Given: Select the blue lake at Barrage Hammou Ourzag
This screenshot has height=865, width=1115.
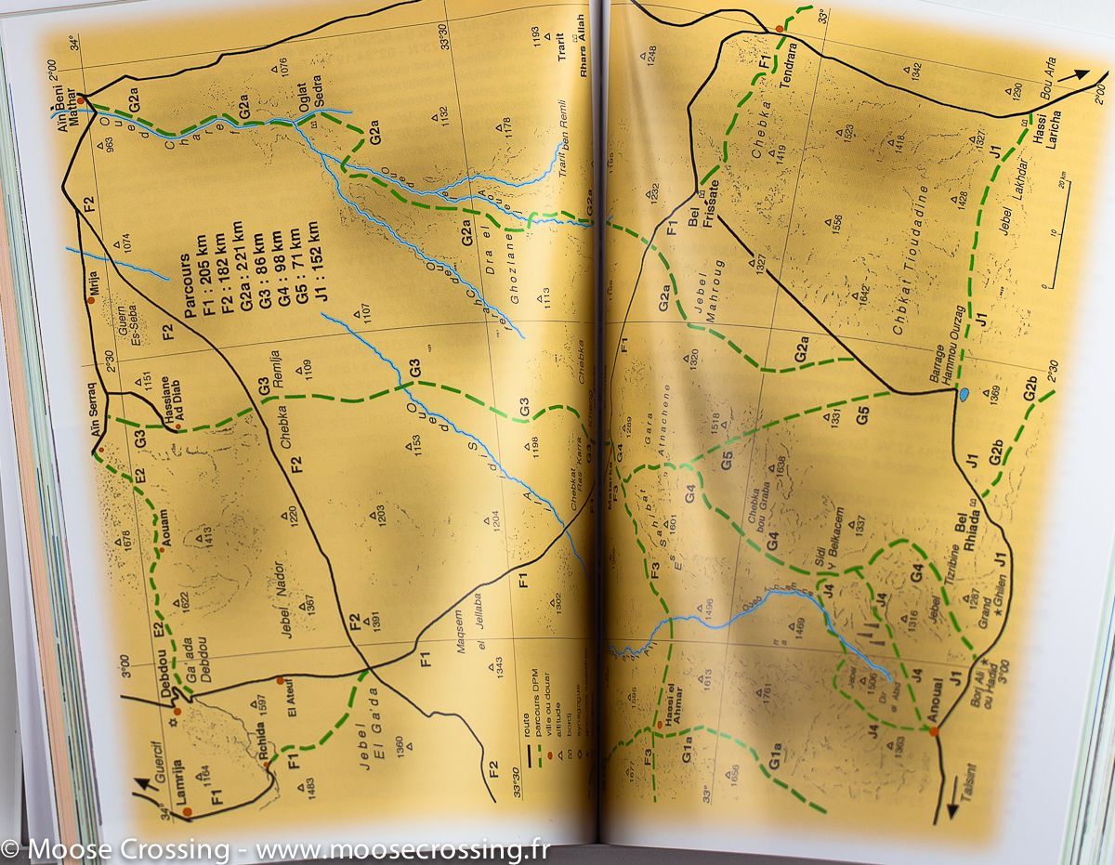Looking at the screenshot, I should [x=964, y=395].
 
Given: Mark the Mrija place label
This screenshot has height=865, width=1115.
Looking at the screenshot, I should [x=94, y=283].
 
